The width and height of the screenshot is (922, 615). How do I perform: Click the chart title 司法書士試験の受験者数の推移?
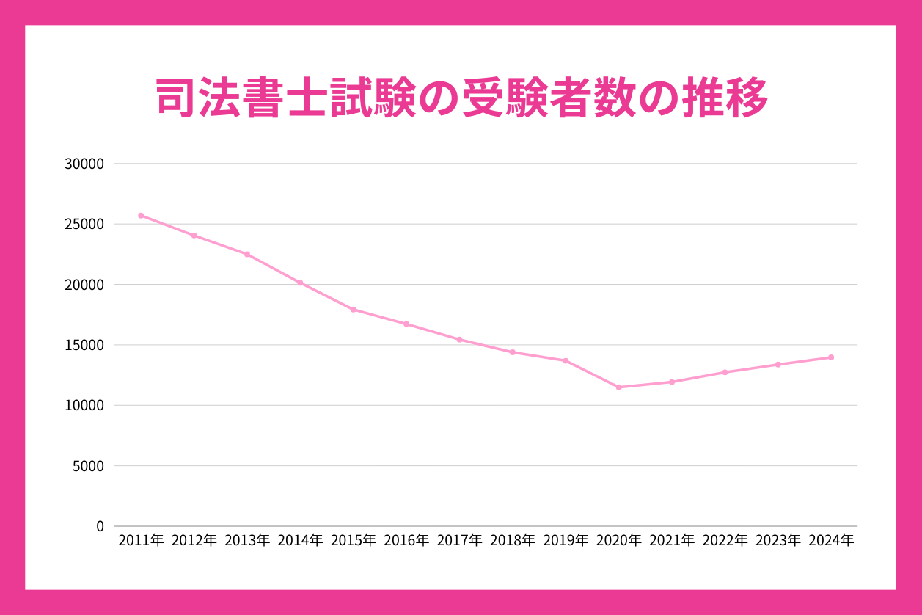pos(462,99)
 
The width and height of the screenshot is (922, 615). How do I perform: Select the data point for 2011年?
pos(141,216)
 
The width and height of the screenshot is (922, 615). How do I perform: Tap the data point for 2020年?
pos(618,387)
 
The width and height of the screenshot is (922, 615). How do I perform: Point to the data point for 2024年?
pos(831,357)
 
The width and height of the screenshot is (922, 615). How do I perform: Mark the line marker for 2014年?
pos(300,283)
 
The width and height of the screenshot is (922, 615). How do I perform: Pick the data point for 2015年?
pos(353,310)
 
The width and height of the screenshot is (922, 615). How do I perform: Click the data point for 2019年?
pos(566,360)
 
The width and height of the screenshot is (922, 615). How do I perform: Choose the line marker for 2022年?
pos(725,372)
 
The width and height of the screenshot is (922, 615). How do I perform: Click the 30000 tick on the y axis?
pos(84,164)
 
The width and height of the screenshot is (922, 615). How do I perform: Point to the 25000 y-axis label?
pos(84,224)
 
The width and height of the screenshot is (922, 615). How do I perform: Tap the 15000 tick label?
pos(84,345)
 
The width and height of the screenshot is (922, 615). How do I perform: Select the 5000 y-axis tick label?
pos(88,466)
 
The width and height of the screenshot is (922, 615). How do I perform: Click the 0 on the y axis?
pos(100,526)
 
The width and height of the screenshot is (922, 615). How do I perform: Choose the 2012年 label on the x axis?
pos(194,541)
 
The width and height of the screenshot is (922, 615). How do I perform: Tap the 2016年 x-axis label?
pos(406,541)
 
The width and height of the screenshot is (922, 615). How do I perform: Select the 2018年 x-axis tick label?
pos(512,541)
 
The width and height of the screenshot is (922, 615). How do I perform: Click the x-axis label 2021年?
pos(671,541)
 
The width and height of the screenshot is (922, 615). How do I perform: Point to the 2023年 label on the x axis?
pos(778,541)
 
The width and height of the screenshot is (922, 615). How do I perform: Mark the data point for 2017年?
pos(459,339)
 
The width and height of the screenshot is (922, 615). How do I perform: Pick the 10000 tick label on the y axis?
pos(84,405)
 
